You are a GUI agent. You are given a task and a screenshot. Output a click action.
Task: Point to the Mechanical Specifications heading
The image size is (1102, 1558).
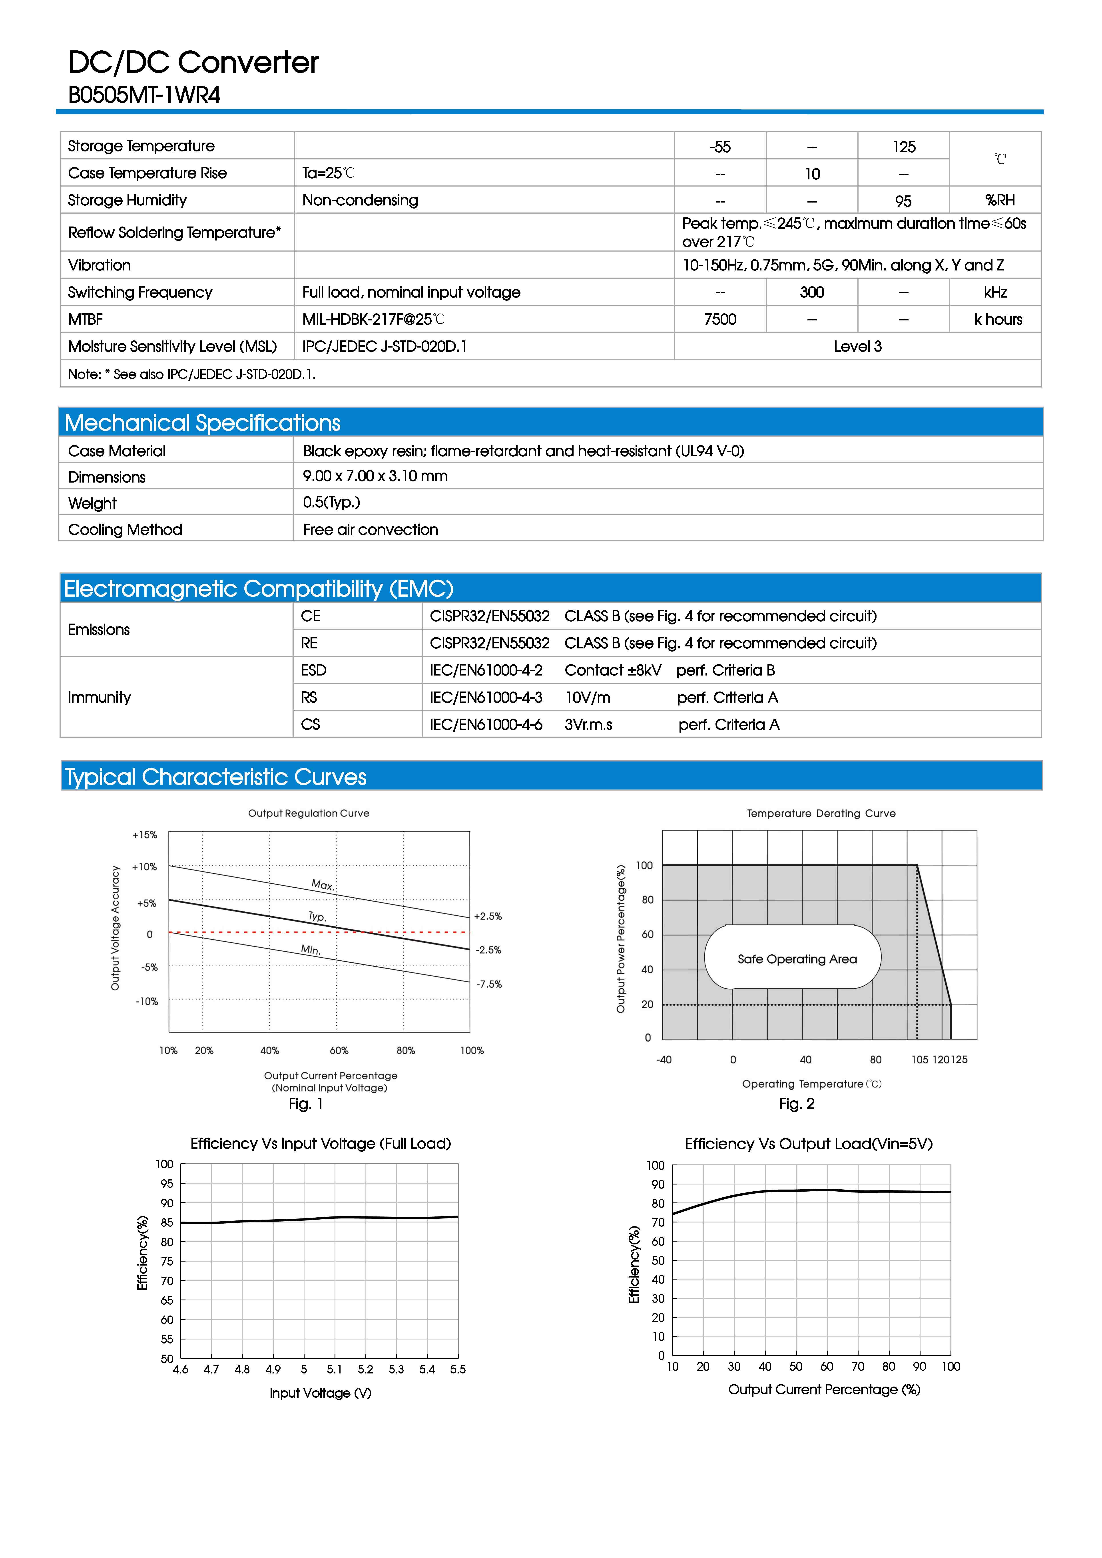point(202,423)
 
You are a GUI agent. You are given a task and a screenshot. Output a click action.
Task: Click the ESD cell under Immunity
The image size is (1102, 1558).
point(314,670)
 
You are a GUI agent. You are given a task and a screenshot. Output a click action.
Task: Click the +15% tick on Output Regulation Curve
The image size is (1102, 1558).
point(145,835)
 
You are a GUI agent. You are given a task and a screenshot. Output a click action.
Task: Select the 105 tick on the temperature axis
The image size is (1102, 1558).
point(919,1059)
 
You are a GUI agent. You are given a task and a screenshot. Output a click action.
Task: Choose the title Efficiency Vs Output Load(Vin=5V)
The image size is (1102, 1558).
point(808,1144)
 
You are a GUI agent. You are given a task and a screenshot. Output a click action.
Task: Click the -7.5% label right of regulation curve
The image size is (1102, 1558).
point(489,984)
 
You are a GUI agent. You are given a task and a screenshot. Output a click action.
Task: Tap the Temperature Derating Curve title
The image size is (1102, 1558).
point(821,813)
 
